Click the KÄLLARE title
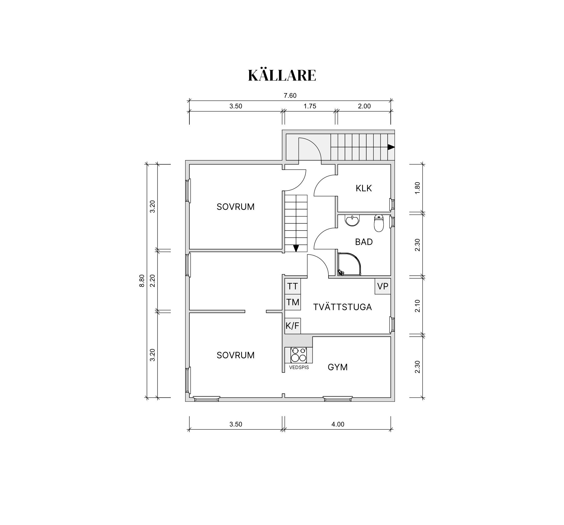pyautogui.click(x=282, y=75)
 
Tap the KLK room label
pyautogui.click(x=364, y=188)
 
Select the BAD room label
pyautogui.click(x=364, y=242)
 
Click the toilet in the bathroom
pyautogui.click(x=379, y=223)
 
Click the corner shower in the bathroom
pyautogui.click(x=349, y=264)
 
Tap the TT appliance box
pyautogui.click(x=292, y=286)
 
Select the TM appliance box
pyautogui.click(x=292, y=302)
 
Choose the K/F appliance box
pyautogui.click(x=292, y=326)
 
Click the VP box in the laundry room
pyautogui.click(x=383, y=286)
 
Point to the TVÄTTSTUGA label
pyautogui.click(x=342, y=307)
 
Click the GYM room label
pyautogui.click(x=338, y=367)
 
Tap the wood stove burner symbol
pyautogui.click(x=299, y=355)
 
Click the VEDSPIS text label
pyautogui.click(x=299, y=367)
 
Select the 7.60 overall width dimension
pyautogui.click(x=290, y=96)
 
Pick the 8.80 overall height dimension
pyautogui.click(x=142, y=281)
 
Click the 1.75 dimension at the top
pyautogui.click(x=310, y=106)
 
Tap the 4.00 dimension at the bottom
pyautogui.click(x=338, y=424)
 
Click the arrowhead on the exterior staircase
pyautogui.click(x=391, y=147)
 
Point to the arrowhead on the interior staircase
pyautogui.click(x=296, y=248)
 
